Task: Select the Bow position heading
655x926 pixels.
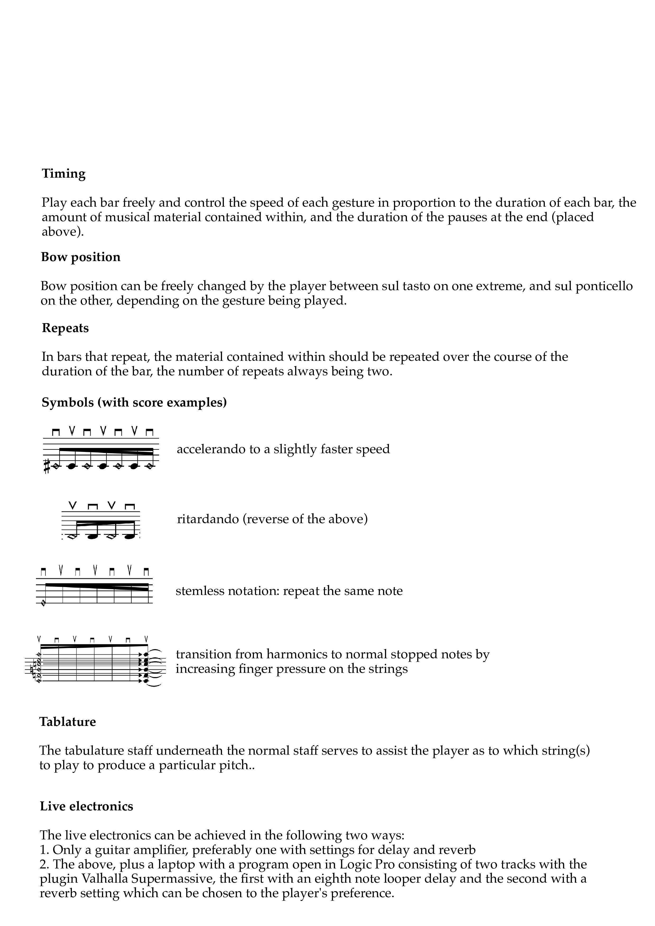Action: tap(81, 257)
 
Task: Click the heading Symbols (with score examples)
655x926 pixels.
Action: tap(134, 403)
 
